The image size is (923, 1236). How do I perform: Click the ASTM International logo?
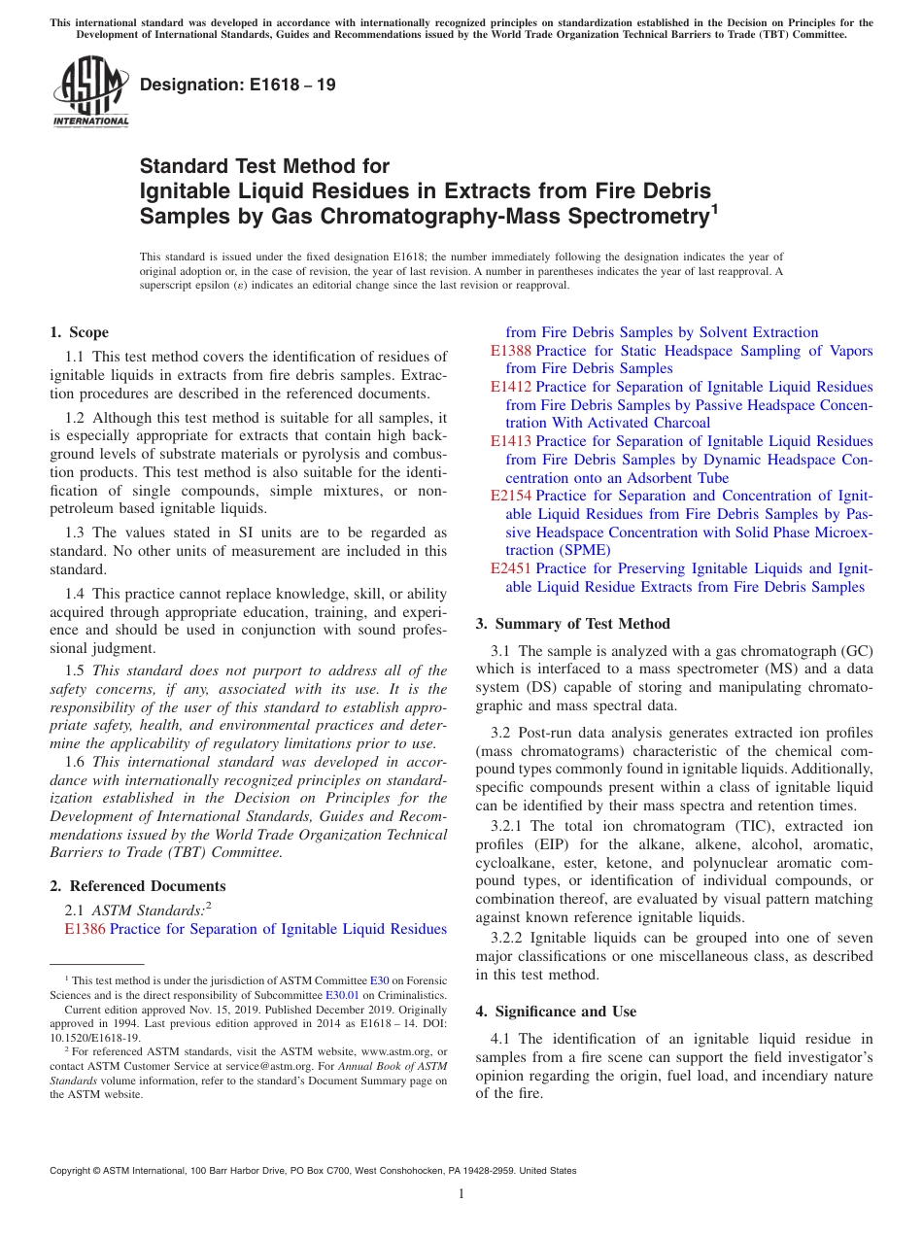tap(91, 91)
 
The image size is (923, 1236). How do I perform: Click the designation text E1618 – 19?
tap(238, 86)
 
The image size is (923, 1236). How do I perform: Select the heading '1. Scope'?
tap(80, 332)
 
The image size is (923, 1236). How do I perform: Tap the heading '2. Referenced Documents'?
tap(138, 886)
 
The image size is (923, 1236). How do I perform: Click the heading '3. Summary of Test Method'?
tap(572, 624)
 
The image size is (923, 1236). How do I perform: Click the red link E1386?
tap(85, 929)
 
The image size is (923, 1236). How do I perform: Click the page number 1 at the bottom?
tap(461, 1193)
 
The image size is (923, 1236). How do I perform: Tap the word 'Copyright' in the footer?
tap(73, 1171)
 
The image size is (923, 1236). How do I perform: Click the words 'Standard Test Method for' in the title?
tap(264, 166)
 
